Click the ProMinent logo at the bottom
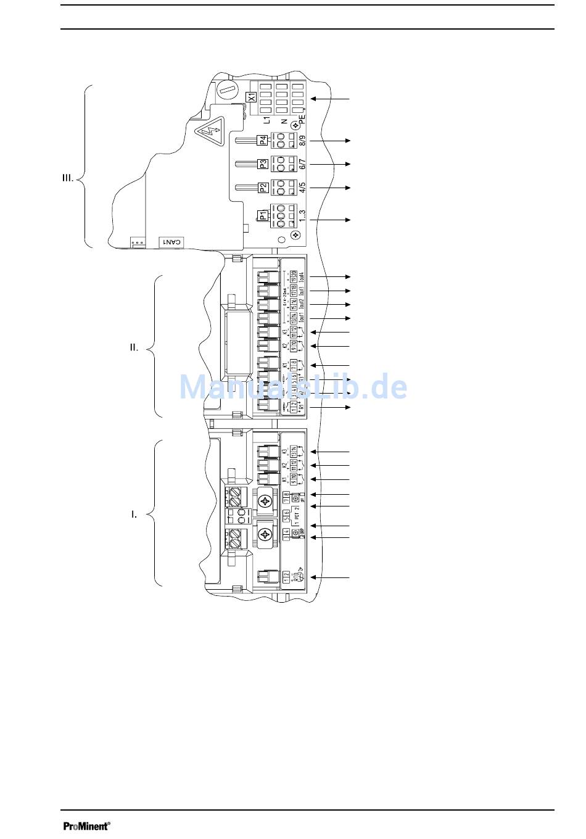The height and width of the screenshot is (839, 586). click(86, 826)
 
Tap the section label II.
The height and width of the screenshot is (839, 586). click(134, 348)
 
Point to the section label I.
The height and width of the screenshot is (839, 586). click(134, 514)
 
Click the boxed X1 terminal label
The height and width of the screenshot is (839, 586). click(251, 97)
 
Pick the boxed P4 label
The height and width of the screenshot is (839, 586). click(263, 140)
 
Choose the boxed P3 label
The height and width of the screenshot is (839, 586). click(263, 164)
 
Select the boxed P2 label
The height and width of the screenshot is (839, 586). click(263, 188)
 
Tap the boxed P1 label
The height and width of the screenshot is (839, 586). click(263, 216)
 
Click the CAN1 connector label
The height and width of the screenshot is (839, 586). click(171, 242)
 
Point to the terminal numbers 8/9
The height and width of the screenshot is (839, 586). click(302, 140)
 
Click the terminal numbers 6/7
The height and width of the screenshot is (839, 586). click(302, 164)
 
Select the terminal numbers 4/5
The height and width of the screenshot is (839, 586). click(302, 188)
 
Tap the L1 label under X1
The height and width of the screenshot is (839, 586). click(266, 122)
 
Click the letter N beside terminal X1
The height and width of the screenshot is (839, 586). click(284, 122)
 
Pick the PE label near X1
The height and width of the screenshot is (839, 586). click(302, 119)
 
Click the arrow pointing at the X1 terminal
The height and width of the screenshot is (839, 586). click(330, 99)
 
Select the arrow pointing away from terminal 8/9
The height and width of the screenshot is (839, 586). click(330, 141)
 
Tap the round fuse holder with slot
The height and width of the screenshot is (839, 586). click(227, 90)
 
